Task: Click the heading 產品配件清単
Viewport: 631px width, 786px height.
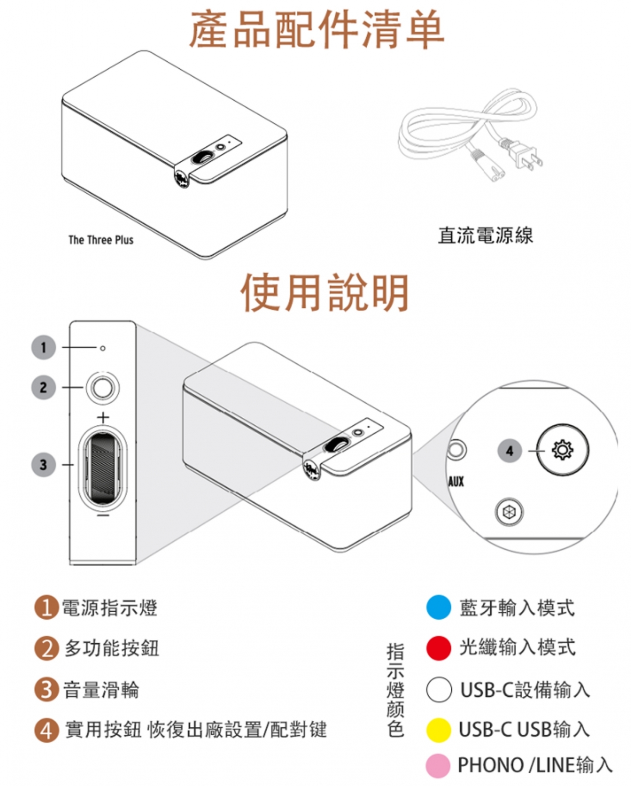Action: pyautogui.click(x=316, y=30)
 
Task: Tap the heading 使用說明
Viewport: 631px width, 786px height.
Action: pyautogui.click(x=325, y=292)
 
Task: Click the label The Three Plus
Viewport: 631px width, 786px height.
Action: pyautogui.click(x=101, y=240)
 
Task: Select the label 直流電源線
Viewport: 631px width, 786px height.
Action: pyautogui.click(x=486, y=235)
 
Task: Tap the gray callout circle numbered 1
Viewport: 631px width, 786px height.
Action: pyautogui.click(x=43, y=348)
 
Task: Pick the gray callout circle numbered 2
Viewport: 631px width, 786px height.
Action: pyautogui.click(x=43, y=387)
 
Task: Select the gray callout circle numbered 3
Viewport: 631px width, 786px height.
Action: pyautogui.click(x=43, y=464)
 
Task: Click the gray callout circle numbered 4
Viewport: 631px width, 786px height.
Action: pyautogui.click(x=509, y=451)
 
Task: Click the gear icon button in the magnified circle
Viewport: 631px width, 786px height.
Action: pyautogui.click(x=563, y=450)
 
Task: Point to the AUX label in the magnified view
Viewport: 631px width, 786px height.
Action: pyautogui.click(x=456, y=482)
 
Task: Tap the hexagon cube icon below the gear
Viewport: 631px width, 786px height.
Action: pyautogui.click(x=509, y=512)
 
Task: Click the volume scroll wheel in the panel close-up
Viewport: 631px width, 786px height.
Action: pyautogui.click(x=103, y=469)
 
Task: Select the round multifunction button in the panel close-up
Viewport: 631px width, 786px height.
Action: pyautogui.click(x=103, y=388)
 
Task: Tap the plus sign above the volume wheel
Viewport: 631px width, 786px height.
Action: pyautogui.click(x=103, y=417)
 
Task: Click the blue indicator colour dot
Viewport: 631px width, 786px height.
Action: pyautogui.click(x=438, y=607)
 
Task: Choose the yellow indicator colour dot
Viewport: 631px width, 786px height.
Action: pyautogui.click(x=438, y=730)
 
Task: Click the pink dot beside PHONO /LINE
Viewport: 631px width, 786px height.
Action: pyautogui.click(x=438, y=765)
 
